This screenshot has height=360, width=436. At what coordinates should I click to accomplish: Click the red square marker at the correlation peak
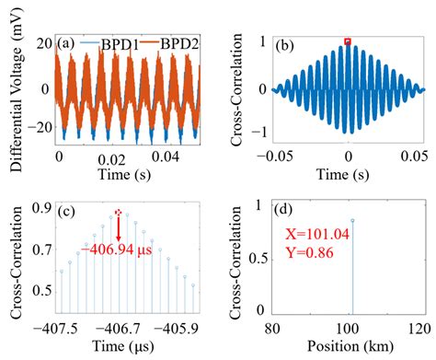(x=347, y=41)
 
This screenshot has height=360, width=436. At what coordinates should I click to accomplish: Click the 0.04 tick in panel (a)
(x=175, y=159)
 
